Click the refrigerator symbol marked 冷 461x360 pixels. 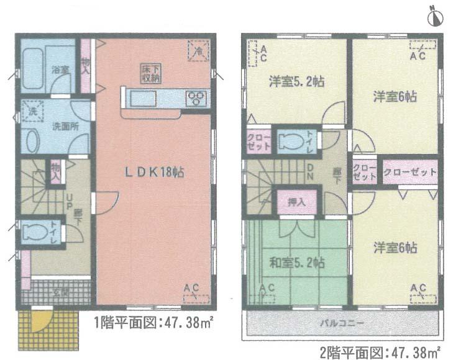(x=198, y=50)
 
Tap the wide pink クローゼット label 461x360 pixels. (x=410, y=172)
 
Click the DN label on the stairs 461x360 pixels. (x=310, y=171)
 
